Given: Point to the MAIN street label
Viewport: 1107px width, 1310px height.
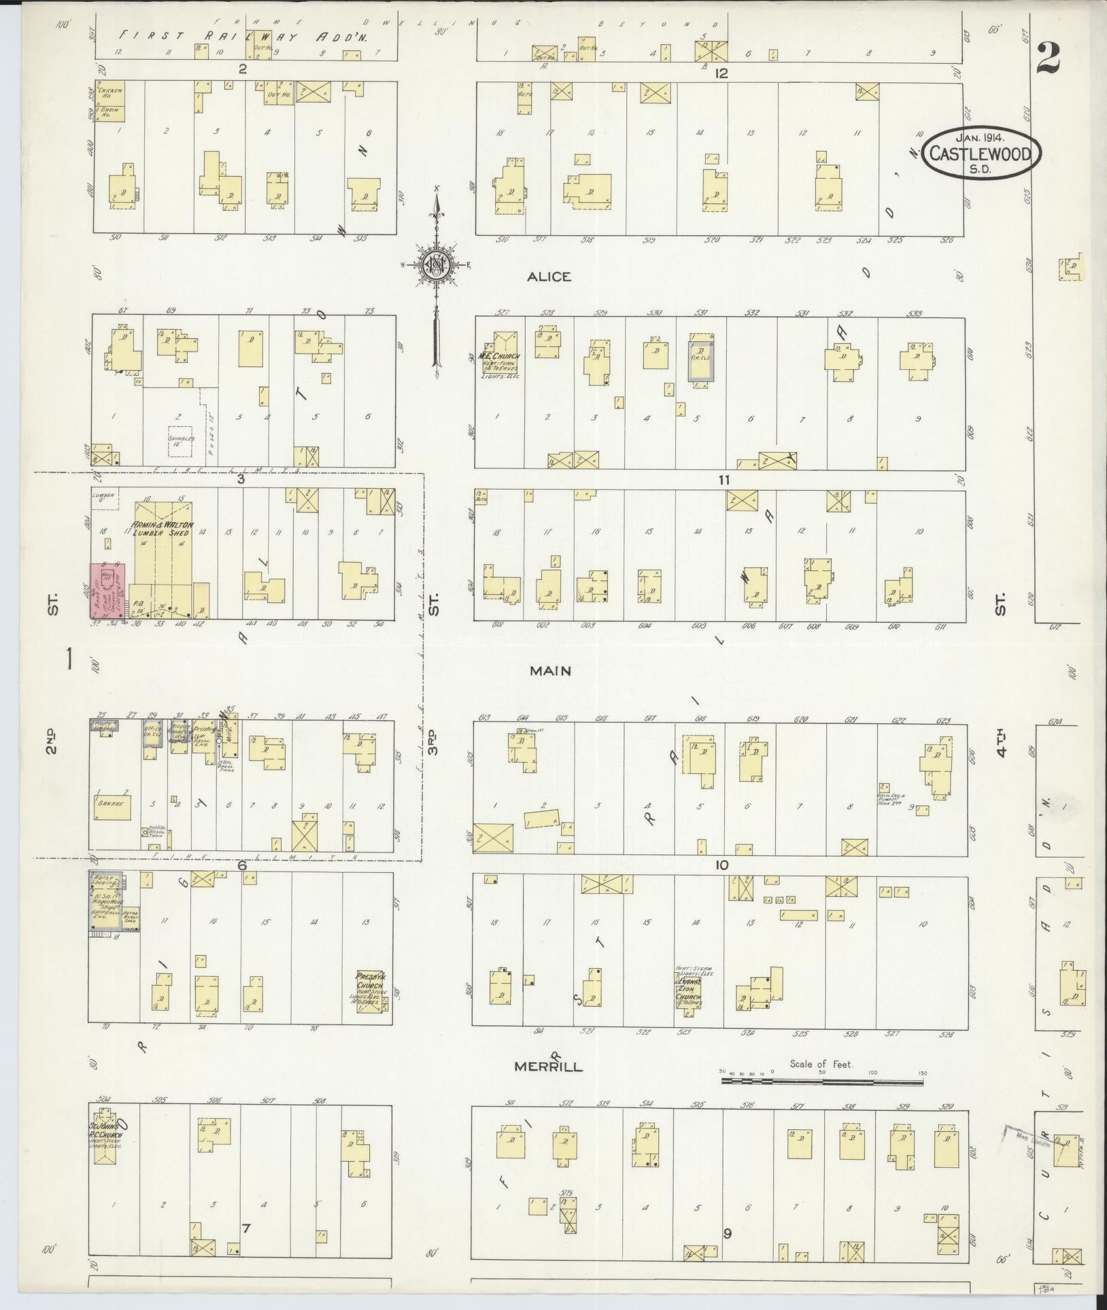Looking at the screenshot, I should [551, 671].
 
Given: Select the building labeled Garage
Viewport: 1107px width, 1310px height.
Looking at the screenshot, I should [114, 803].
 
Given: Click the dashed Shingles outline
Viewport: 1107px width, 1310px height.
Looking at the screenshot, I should [181, 441].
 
